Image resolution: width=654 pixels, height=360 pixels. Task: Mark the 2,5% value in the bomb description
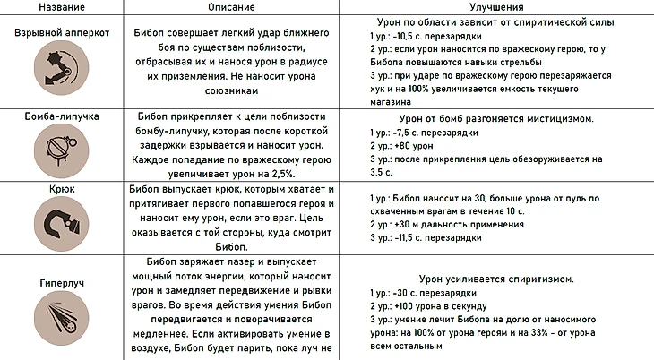point(272,173)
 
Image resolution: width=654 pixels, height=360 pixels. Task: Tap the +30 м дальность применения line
point(443,225)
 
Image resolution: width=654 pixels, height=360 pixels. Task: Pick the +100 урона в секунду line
point(433,307)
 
